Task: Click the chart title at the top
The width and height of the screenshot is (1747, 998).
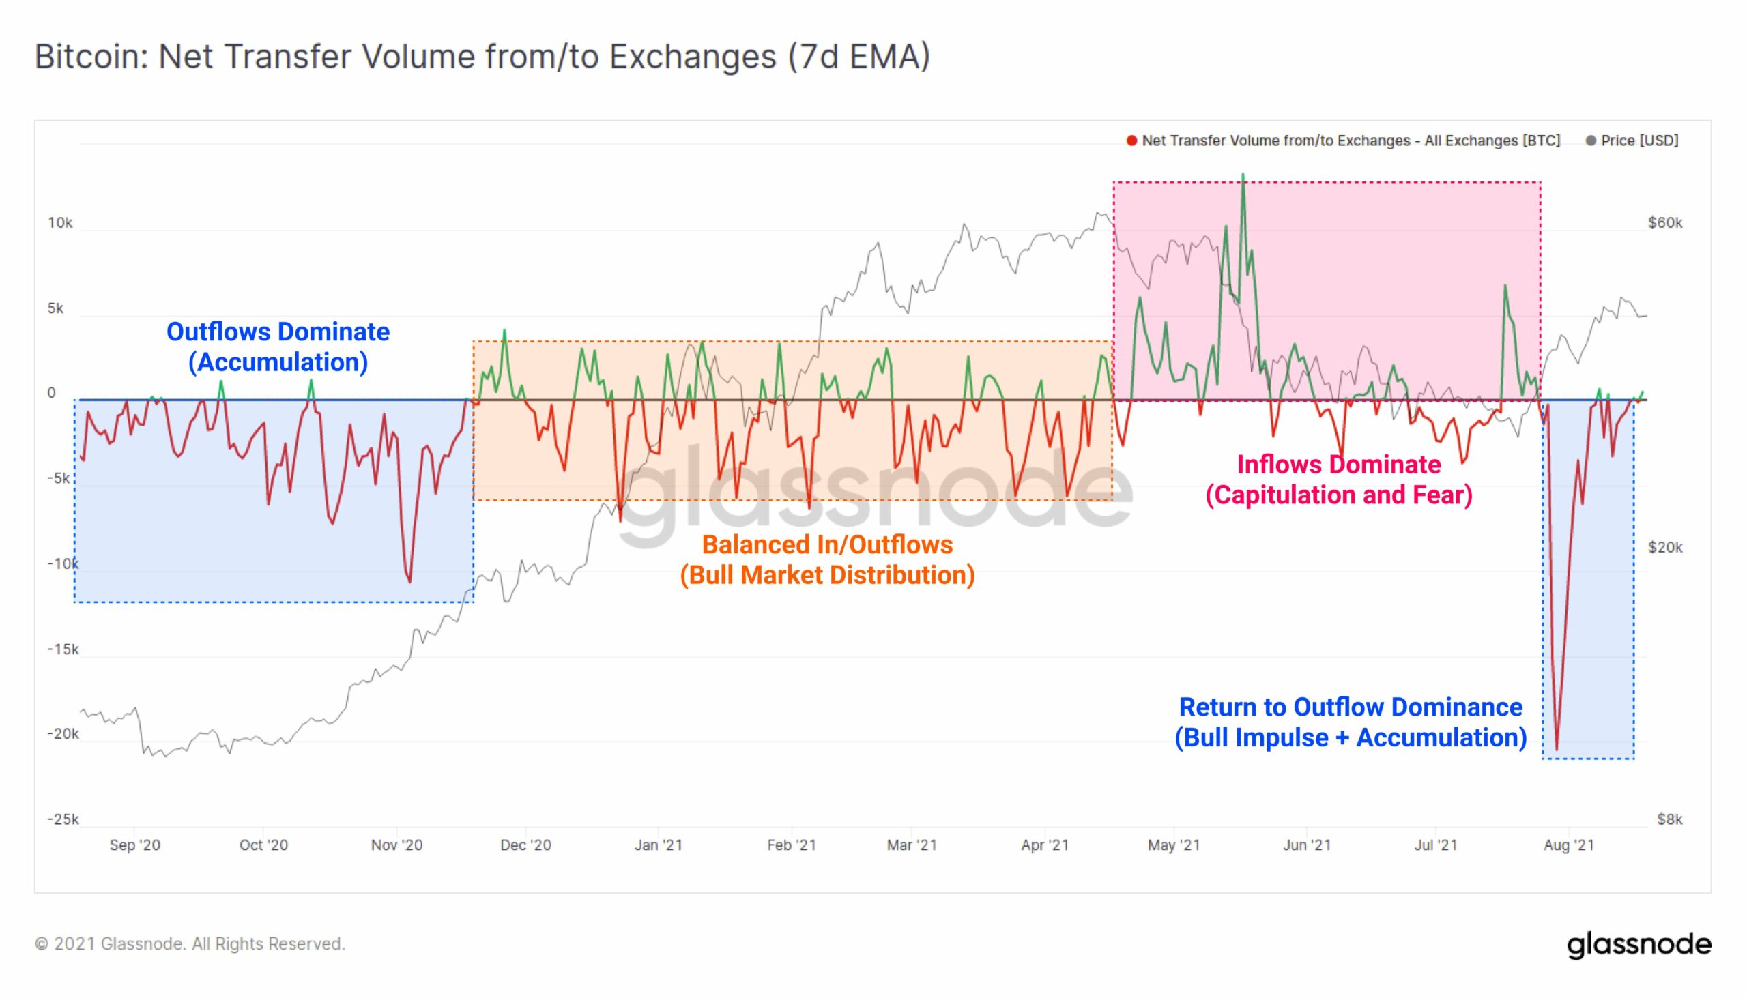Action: (482, 56)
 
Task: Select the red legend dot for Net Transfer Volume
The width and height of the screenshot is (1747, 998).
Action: (1131, 141)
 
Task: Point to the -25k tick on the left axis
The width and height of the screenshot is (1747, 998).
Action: (63, 819)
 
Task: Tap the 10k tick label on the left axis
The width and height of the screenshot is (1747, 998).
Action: (59, 223)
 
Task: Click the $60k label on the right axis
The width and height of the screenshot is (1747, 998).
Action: (1664, 223)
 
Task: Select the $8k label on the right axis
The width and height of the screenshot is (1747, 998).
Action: (1669, 819)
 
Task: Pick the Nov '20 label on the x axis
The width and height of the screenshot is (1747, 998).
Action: (396, 845)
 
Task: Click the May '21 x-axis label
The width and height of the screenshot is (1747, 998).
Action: (1174, 845)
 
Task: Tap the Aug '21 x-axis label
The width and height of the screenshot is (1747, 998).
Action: (1569, 845)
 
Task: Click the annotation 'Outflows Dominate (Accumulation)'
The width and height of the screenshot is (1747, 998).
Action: (278, 347)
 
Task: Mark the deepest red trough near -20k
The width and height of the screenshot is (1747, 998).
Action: (1557, 748)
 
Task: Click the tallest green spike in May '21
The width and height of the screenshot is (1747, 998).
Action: (1243, 175)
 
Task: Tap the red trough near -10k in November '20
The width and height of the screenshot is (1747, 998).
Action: (409, 581)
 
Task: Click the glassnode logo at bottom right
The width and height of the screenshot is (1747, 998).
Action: (1638, 944)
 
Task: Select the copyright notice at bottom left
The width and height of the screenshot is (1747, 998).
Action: (190, 944)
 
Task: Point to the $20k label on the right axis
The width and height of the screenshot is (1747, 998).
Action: (1664, 547)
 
